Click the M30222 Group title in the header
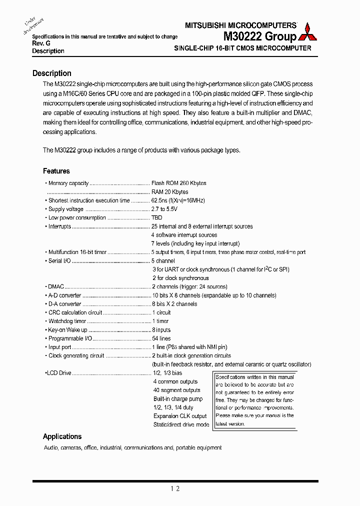259,36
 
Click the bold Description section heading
52,73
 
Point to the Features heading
56,171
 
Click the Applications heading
62,436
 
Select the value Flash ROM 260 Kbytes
178,183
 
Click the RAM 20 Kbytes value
169,192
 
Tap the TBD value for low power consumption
156,218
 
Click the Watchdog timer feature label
67,321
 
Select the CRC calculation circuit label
75,312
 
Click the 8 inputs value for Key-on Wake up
161,330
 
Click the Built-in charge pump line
178,399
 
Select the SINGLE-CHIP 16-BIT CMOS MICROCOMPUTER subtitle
242,48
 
